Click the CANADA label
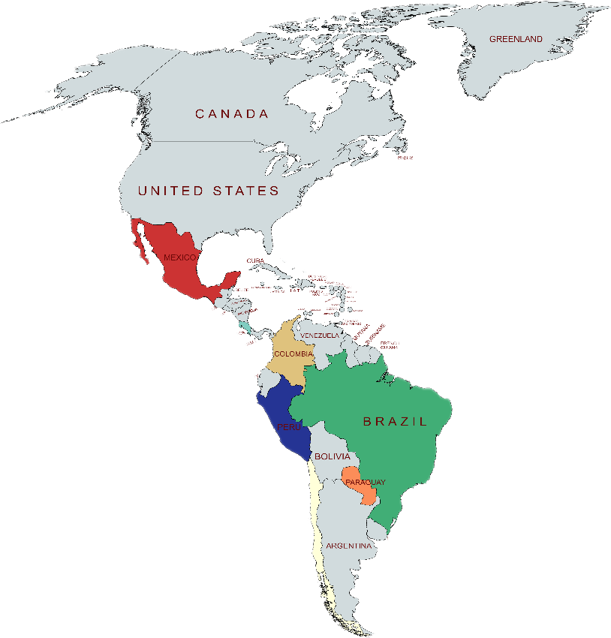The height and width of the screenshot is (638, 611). tap(231, 114)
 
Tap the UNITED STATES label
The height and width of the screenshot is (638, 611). tap(208, 191)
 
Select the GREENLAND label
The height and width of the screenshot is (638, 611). tap(516, 39)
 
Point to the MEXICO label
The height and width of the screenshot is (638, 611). tap(179, 257)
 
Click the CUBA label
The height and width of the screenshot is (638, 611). tap(255, 261)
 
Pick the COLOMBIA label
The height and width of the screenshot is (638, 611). tap(293, 354)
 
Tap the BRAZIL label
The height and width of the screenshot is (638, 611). tap(395, 421)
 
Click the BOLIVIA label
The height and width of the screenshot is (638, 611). tap(332, 456)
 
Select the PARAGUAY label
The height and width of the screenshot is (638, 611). tap(366, 482)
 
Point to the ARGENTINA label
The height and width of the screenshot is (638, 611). tap(349, 546)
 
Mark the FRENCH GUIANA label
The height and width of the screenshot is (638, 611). tap(390, 345)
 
